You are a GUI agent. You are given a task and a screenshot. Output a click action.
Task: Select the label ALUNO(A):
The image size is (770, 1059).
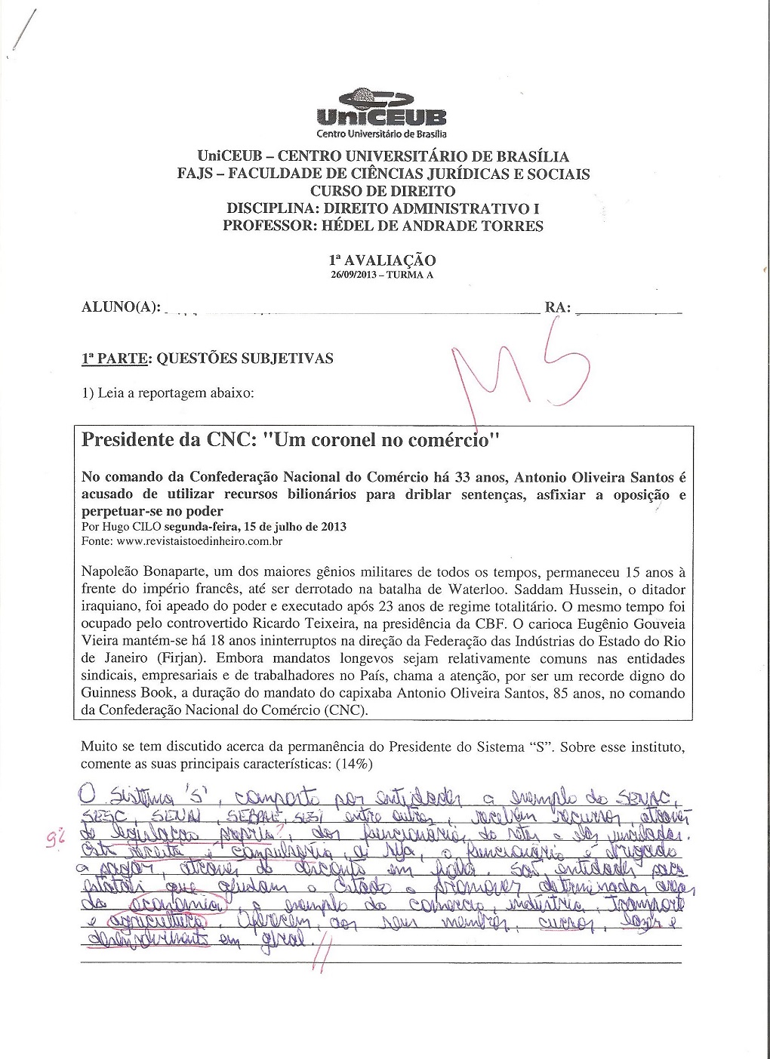tap(120, 307)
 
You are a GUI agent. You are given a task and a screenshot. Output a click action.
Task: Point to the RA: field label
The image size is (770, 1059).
tap(557, 307)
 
